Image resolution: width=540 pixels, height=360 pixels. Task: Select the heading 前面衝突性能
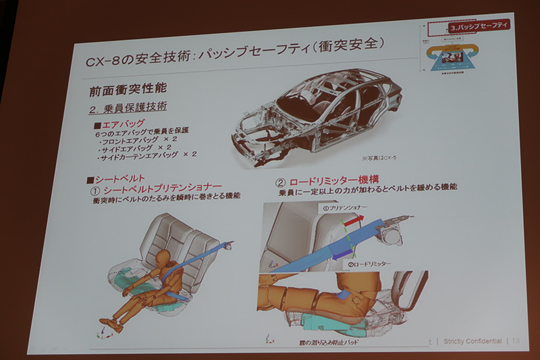[127, 88]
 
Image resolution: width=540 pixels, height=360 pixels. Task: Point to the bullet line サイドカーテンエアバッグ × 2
[146, 155]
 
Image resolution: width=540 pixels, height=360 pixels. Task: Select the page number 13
[515, 340]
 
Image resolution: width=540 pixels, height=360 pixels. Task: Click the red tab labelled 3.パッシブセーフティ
[479, 26]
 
